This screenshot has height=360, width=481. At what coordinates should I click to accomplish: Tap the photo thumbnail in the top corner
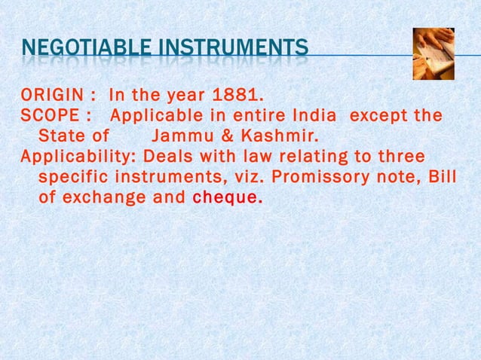click(x=434, y=53)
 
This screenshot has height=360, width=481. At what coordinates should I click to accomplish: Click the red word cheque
click(x=228, y=199)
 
